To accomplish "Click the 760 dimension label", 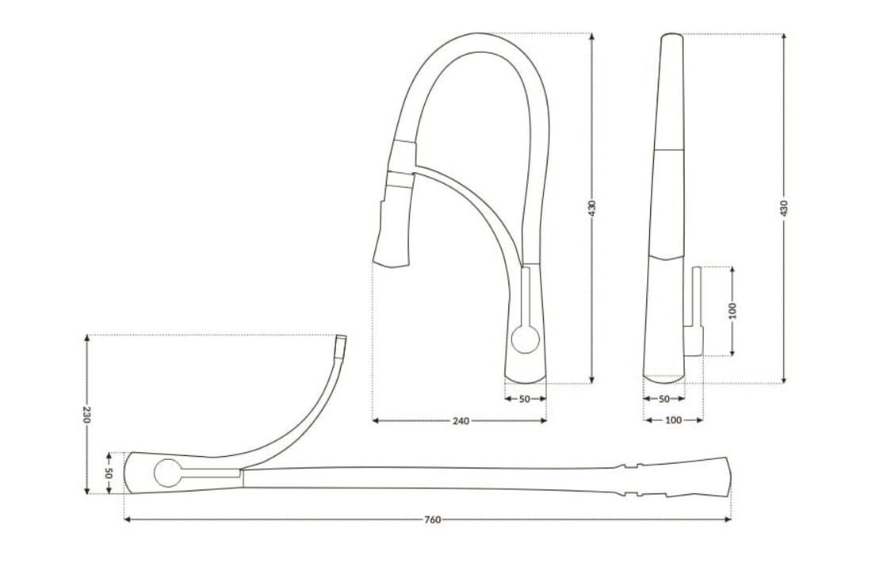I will [x=432, y=520].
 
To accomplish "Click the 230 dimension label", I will [x=86, y=415].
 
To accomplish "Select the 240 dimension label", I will [x=461, y=420].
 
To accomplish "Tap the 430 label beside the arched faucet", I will [x=592, y=209].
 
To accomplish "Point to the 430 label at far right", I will [x=784, y=209].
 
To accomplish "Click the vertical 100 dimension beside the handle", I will [x=732, y=310].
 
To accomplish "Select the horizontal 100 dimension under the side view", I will [x=673, y=420].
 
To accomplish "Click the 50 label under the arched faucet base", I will [x=524, y=399].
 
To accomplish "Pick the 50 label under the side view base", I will [x=664, y=399].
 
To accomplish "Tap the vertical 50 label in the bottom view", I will [x=109, y=473].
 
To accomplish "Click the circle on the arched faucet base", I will [x=525, y=339].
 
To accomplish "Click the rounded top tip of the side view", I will [x=671, y=36].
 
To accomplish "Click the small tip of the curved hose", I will [x=342, y=346].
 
